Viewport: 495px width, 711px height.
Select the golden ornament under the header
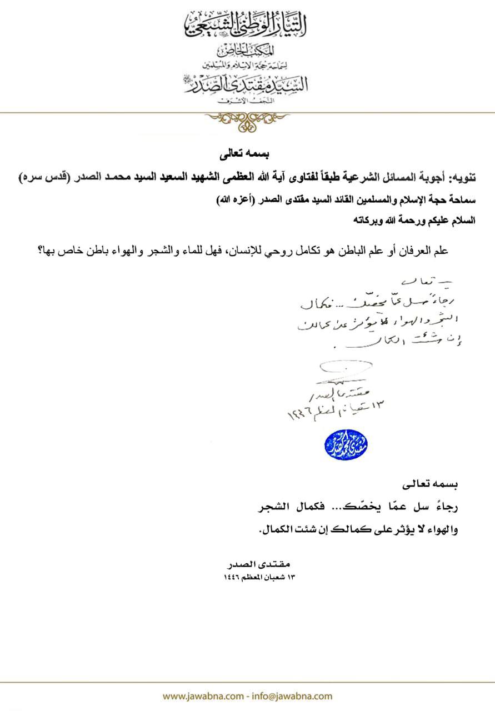tap(247, 120)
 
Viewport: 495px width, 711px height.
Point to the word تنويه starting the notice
tap(462, 179)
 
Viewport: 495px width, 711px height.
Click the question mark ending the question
tap(42, 251)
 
